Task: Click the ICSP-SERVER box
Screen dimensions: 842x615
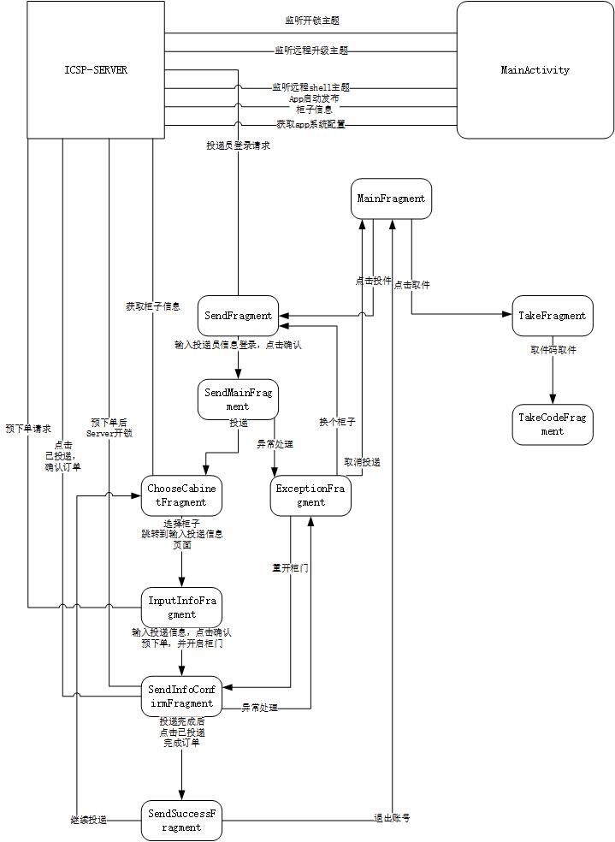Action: [95, 70]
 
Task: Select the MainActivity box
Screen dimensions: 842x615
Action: [535, 70]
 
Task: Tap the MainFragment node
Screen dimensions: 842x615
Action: [391, 199]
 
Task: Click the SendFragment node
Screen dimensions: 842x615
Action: [238, 316]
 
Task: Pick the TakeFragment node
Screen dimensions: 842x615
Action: [553, 316]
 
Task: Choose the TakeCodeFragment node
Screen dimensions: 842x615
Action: [553, 424]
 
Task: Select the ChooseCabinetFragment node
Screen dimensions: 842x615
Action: [183, 495]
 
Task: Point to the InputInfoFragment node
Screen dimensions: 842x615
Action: [182, 607]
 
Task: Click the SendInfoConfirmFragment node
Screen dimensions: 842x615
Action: [181, 697]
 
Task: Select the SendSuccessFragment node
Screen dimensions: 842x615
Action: [181, 821]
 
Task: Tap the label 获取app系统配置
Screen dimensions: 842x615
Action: [310, 124]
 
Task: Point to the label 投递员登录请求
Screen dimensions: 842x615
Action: [239, 145]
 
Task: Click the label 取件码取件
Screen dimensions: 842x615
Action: [553, 350]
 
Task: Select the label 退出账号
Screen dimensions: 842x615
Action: [393, 818]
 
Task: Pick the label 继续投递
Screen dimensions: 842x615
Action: [88, 820]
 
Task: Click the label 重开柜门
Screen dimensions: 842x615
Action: [290, 567]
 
